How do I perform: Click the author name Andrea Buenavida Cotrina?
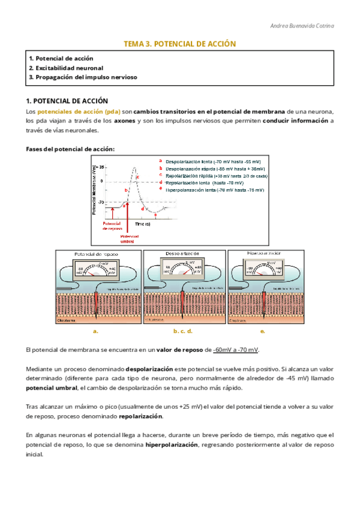[x=303, y=26]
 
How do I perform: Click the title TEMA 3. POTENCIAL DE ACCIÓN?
[x=179, y=44]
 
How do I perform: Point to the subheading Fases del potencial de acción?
[x=70, y=149]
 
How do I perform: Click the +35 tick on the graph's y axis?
[x=101, y=167]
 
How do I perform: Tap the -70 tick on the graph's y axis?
[x=101, y=202]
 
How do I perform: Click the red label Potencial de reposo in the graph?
[x=112, y=226]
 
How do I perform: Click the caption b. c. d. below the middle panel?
[x=182, y=331]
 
